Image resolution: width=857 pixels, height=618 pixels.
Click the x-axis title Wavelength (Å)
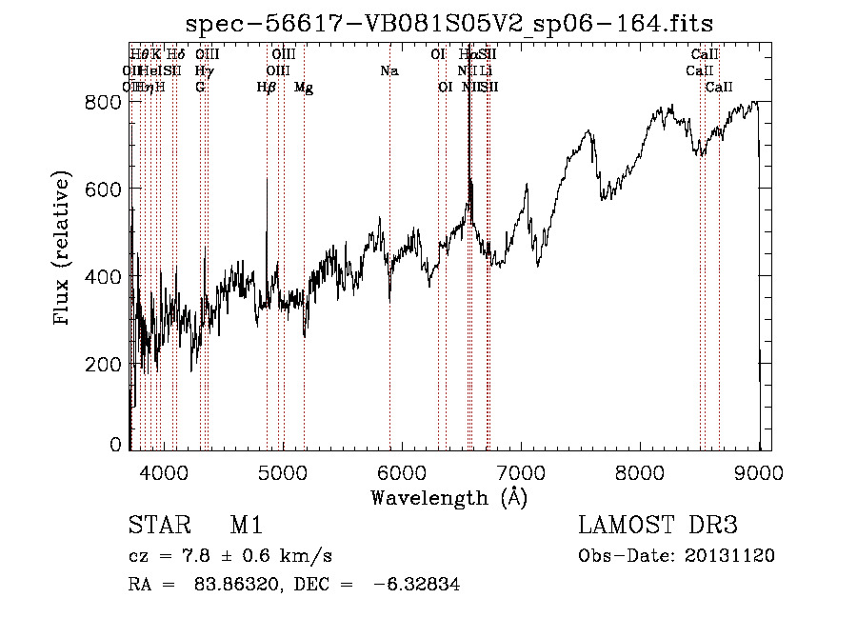click(448, 497)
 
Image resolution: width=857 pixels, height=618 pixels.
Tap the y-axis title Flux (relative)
click(63, 250)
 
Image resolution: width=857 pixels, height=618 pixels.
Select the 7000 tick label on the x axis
click(521, 471)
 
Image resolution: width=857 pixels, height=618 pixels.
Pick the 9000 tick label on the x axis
click(759, 471)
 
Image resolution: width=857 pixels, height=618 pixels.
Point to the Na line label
click(389, 71)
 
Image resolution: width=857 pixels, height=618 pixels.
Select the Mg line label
click(304, 88)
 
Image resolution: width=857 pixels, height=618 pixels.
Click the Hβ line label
click(266, 88)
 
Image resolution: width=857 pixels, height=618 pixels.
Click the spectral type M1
click(246, 526)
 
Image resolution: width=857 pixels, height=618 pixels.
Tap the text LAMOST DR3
click(657, 526)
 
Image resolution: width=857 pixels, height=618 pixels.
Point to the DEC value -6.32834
click(415, 586)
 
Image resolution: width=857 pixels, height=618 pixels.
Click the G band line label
click(200, 88)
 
